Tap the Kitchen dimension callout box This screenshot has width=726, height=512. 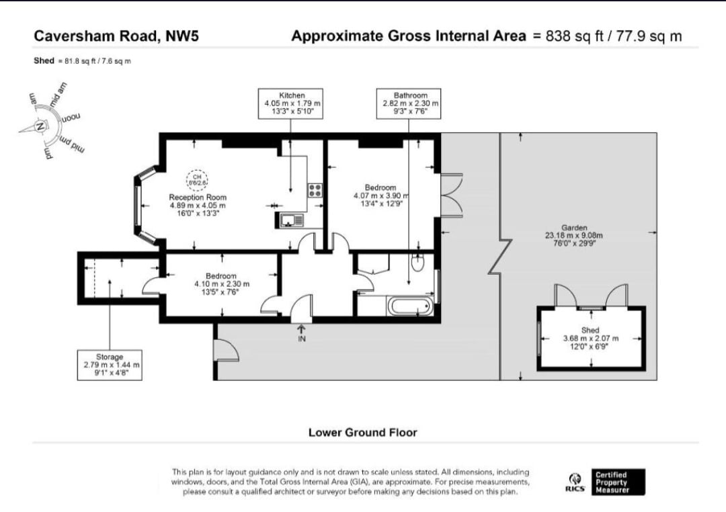pos(292,103)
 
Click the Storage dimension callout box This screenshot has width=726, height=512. pos(110,365)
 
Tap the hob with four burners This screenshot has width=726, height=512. pos(315,190)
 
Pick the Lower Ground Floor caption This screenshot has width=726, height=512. pos(362,432)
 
